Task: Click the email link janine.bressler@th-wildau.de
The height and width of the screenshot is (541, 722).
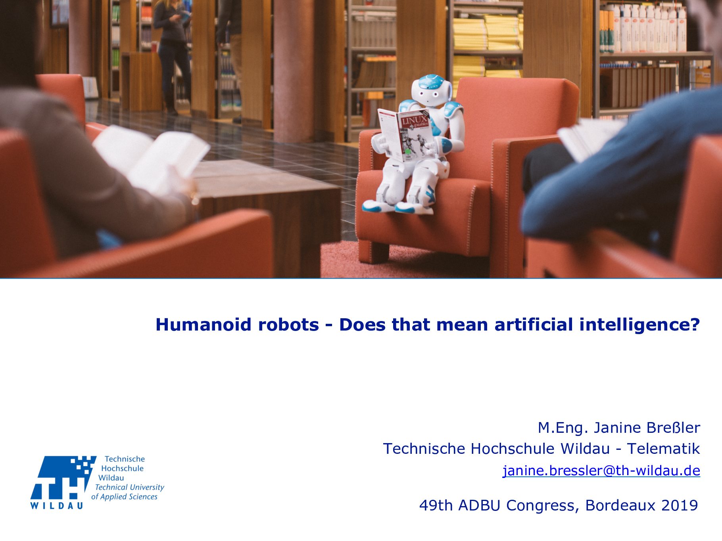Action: tap(601, 470)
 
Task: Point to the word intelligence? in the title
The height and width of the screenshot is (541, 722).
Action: tap(639, 324)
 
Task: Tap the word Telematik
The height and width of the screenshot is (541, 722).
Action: tap(663, 449)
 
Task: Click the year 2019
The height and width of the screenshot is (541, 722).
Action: tap(680, 505)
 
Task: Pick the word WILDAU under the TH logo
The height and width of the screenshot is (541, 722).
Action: tap(57, 505)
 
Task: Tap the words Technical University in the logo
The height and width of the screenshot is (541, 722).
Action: tap(130, 487)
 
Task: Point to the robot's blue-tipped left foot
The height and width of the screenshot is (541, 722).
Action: tap(373, 206)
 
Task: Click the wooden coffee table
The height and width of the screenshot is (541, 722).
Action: tap(270, 206)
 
